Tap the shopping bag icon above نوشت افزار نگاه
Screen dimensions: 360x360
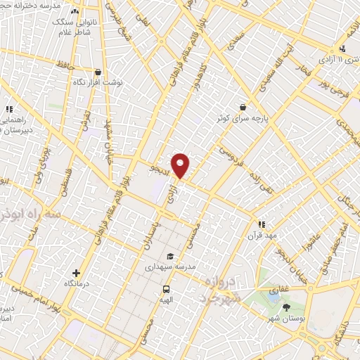coord(97,72)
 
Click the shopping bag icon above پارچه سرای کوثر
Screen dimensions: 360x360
coord(243,108)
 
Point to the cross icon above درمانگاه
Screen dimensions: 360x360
coord(76,273)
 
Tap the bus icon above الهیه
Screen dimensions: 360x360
coord(167,288)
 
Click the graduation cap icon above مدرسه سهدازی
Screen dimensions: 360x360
coord(169,257)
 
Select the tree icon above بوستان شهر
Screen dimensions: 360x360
coord(286,307)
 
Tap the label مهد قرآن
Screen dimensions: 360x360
coord(261,235)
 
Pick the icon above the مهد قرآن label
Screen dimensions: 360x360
coord(261,224)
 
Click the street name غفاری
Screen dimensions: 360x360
coord(279,288)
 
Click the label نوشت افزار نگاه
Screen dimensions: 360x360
coord(98,82)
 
